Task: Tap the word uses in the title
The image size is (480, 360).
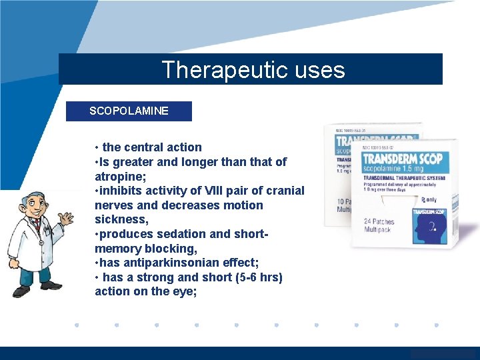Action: point(319,70)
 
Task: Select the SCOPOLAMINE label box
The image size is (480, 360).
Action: point(129,111)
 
